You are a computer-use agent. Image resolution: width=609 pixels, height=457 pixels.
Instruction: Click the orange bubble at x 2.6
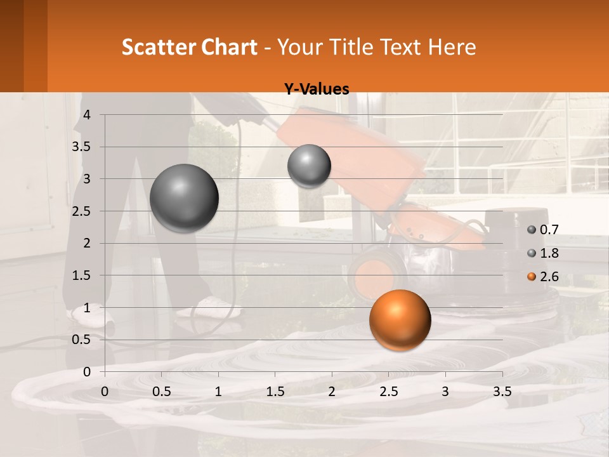[x=400, y=320]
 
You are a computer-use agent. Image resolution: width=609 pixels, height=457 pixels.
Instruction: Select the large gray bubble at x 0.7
[x=184, y=198]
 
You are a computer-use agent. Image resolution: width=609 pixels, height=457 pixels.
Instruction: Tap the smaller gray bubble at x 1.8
[x=309, y=166]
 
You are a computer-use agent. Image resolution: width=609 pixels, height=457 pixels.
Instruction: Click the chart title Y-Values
[x=316, y=89]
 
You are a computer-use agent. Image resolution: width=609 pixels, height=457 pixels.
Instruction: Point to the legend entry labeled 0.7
[x=542, y=230]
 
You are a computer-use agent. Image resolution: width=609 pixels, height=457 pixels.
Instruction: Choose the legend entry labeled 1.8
[x=542, y=253]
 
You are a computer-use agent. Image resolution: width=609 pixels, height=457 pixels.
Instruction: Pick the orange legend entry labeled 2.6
[x=542, y=277]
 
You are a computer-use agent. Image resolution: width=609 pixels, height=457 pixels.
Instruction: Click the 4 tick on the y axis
[x=88, y=115]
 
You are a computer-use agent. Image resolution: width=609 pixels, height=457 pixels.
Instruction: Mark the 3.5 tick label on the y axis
[x=82, y=147]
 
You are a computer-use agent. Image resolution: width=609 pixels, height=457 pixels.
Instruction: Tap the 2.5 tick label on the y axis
[x=82, y=211]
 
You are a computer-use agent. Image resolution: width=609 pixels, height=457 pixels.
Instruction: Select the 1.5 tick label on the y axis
[x=82, y=275]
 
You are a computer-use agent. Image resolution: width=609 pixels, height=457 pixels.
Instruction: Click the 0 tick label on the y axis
[x=88, y=371]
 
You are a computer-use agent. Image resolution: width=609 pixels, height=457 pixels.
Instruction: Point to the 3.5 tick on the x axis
[x=502, y=392]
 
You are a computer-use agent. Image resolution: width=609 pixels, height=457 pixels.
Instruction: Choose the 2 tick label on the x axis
[x=332, y=392]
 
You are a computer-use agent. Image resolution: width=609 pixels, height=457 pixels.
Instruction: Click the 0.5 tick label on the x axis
[x=162, y=392]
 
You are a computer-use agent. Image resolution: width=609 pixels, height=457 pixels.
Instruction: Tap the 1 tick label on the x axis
[x=218, y=392]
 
